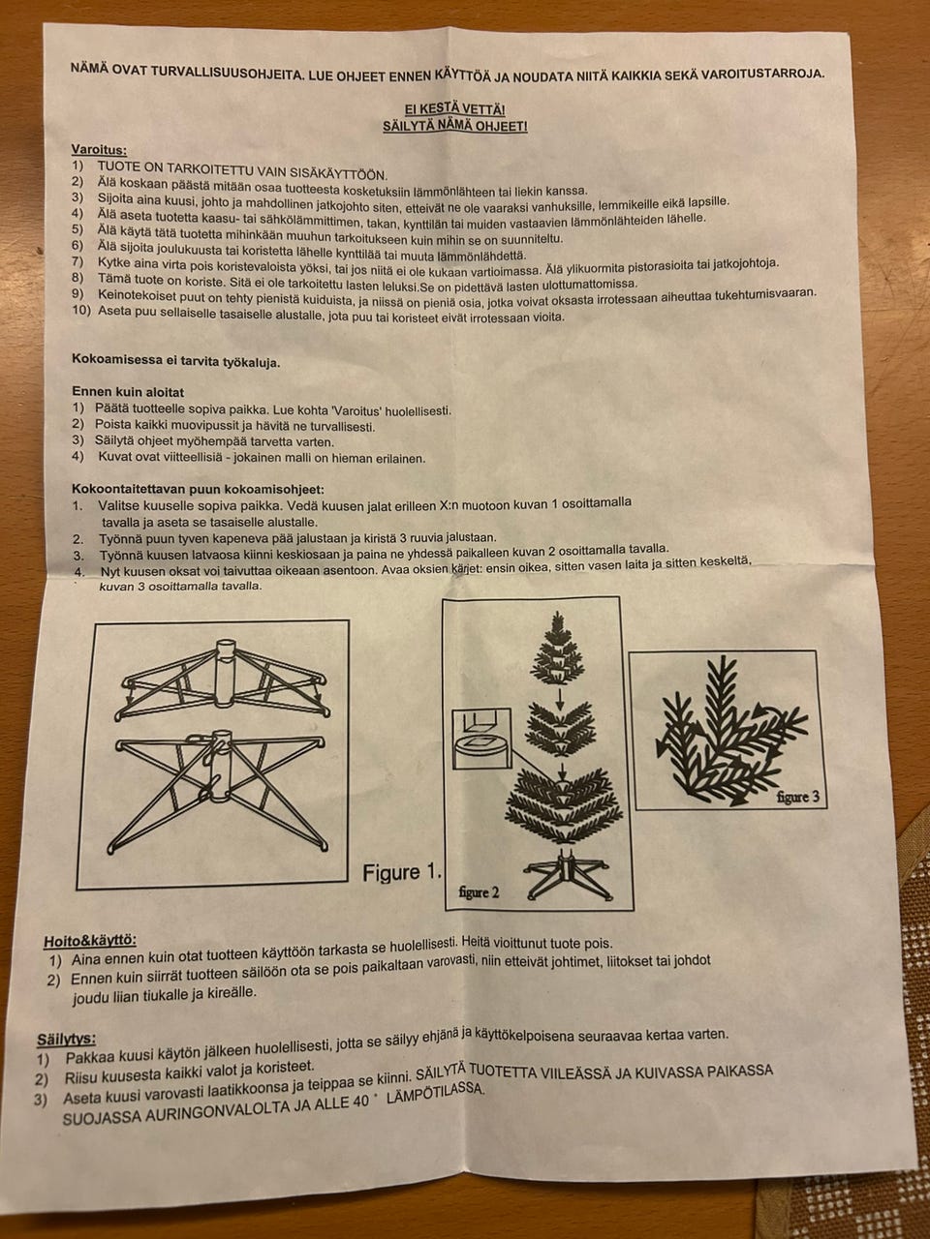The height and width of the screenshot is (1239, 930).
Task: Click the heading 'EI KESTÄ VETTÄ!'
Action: click(x=454, y=109)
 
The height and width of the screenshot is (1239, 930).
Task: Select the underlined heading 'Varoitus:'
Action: click(x=99, y=150)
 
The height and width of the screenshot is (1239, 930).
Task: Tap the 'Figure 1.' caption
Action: click(x=401, y=873)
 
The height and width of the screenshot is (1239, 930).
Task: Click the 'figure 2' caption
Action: click(x=479, y=892)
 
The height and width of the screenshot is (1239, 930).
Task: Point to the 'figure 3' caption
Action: click(x=798, y=797)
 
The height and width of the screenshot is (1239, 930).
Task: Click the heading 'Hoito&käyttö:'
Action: click(x=90, y=941)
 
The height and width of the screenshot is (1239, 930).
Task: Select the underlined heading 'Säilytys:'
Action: click(x=66, y=1040)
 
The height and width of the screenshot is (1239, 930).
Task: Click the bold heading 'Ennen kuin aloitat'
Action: click(x=128, y=392)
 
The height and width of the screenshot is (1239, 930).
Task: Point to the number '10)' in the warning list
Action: click(x=81, y=311)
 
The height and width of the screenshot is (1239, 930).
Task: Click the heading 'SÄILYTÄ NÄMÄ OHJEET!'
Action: click(x=455, y=126)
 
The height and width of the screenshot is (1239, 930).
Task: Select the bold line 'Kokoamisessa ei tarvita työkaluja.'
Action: click(x=175, y=361)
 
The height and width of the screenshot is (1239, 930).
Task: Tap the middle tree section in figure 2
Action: click(x=559, y=728)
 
